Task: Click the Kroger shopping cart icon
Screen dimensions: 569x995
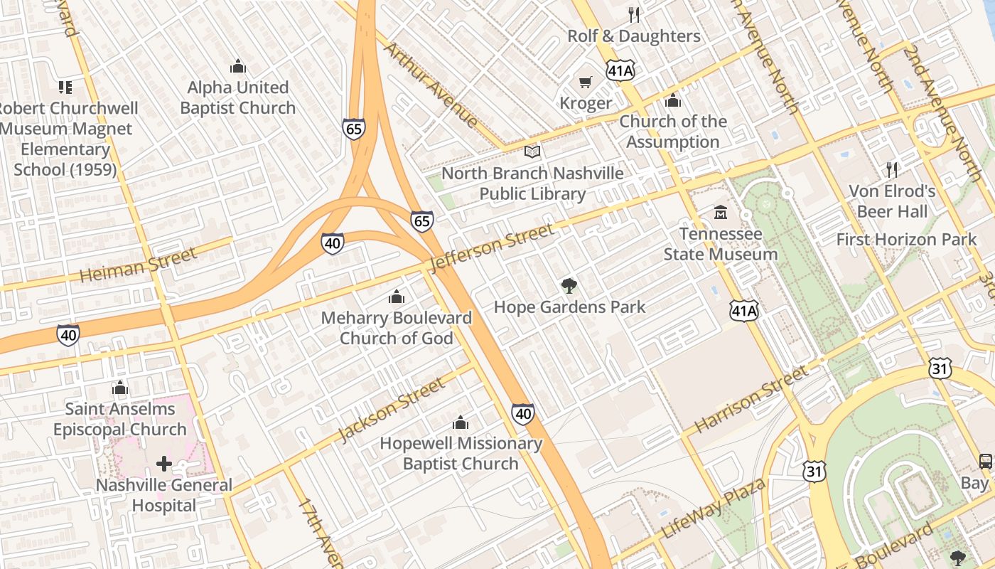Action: point(585,83)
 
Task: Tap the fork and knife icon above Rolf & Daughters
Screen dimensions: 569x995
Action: point(634,14)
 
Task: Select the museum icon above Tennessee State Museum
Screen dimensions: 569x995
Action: point(721,213)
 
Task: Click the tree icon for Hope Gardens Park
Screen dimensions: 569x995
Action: point(569,286)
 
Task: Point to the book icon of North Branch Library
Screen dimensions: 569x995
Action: point(532,151)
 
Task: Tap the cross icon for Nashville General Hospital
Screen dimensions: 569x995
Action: point(164,464)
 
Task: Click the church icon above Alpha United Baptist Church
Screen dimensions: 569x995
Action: point(238,67)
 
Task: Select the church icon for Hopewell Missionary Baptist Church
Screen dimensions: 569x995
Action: point(461,422)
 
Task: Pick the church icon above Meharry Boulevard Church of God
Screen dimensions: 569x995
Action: point(397,297)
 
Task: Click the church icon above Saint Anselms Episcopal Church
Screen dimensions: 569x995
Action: point(120,388)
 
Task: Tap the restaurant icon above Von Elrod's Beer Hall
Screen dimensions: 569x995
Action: point(892,170)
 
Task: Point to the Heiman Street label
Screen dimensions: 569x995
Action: point(138,265)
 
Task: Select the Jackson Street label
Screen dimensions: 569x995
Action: point(392,409)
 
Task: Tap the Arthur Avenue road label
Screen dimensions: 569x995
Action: point(431,85)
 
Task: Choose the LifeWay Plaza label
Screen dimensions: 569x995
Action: point(713,509)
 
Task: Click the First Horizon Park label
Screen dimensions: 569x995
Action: point(906,240)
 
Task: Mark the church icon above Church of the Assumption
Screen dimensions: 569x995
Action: point(673,101)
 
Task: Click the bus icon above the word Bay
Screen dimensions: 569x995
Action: point(985,461)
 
